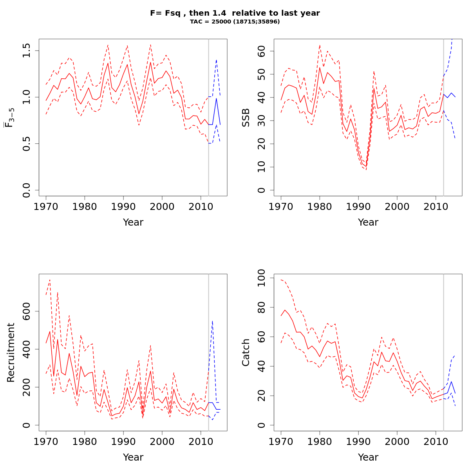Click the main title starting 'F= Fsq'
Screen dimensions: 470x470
(x=235, y=13)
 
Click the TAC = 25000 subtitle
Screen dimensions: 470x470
(x=235, y=22)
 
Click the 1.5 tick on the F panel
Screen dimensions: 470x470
(x=26, y=51)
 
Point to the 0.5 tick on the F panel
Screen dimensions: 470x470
(x=26, y=143)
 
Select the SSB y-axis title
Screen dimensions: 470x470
(x=246, y=117)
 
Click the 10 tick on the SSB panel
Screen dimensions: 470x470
(x=261, y=167)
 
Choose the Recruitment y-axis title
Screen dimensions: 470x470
(x=11, y=352)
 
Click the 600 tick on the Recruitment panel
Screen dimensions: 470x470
(x=26, y=311)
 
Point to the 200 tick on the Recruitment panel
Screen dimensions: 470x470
(x=26, y=387)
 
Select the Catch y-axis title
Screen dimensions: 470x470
(x=246, y=352)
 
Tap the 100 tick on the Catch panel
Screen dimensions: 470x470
(x=261, y=278)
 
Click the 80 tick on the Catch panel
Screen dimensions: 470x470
(x=261, y=307)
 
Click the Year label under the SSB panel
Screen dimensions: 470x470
(x=368, y=222)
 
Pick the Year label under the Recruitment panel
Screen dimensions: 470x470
(x=133, y=457)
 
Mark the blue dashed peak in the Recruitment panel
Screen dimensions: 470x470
(x=212, y=321)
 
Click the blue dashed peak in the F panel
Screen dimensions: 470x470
(x=216, y=60)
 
